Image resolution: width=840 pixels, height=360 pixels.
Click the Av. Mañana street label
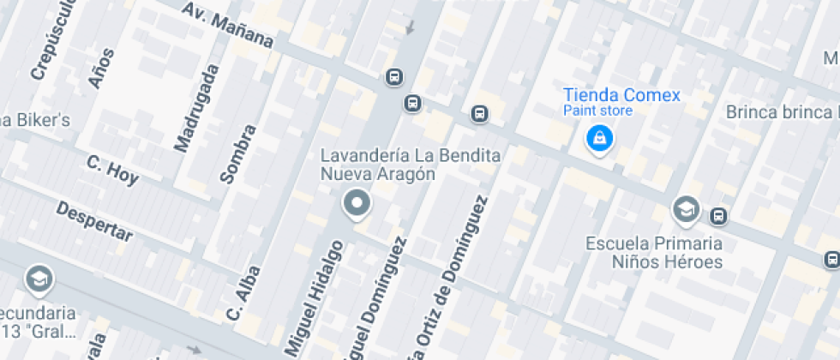(x=228, y=26)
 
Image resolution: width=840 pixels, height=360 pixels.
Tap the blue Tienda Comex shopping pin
(x=599, y=138)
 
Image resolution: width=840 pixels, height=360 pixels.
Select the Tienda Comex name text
(x=621, y=94)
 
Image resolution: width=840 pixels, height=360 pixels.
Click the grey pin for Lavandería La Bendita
(x=356, y=204)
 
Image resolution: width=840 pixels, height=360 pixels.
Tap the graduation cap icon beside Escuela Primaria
(x=685, y=208)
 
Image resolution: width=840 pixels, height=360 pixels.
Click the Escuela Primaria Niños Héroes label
(x=654, y=252)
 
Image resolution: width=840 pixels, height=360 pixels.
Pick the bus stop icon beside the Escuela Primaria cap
(x=719, y=216)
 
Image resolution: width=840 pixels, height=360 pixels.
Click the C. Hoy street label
(x=112, y=170)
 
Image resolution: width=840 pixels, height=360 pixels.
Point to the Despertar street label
(x=94, y=222)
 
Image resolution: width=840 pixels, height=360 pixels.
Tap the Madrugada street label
(x=197, y=108)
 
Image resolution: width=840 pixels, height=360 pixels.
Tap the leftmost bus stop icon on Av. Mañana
(x=393, y=77)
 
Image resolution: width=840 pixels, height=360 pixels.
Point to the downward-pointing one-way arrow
(x=410, y=27)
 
